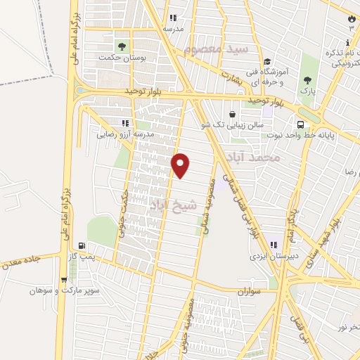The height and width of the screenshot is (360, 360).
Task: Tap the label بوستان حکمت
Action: click(122, 58)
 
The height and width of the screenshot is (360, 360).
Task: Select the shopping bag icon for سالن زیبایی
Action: click(231, 114)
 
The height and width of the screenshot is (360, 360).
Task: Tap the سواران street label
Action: click(249, 290)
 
